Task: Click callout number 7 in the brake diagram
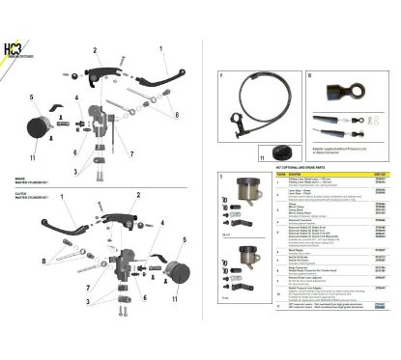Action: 130,152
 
